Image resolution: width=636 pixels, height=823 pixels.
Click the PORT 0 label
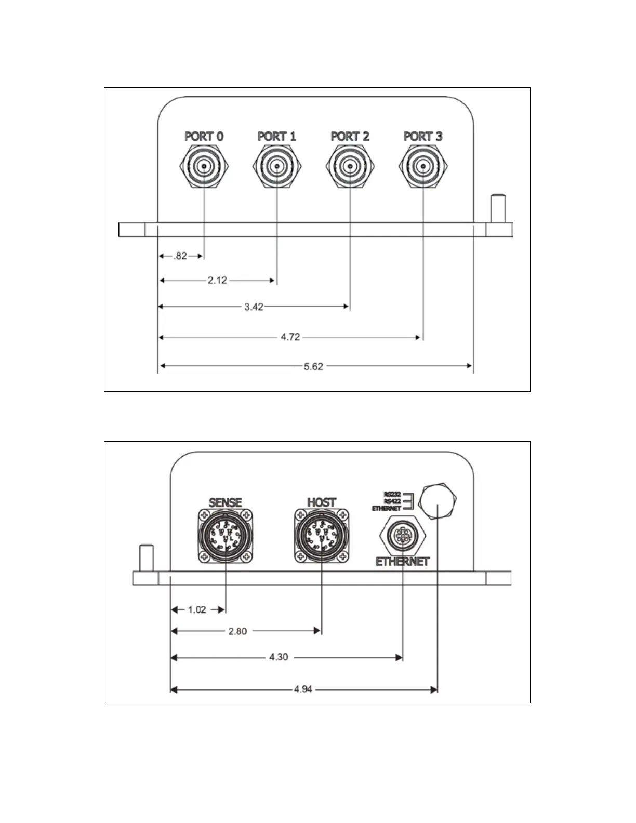204,136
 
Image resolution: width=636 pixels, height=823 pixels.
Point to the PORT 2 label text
350,136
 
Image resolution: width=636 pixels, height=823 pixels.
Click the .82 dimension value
180,256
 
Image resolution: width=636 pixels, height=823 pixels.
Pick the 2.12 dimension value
217,281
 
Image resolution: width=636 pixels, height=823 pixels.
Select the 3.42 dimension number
254,307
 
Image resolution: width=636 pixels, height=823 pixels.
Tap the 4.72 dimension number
290,337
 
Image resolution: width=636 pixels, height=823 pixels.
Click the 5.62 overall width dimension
313,366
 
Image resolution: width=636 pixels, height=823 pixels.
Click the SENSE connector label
226,502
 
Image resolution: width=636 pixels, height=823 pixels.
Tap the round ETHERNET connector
403,537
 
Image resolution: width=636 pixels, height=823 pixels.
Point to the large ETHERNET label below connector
403,562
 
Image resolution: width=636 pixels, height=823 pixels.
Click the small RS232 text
392,494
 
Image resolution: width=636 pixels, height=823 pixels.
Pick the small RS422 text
392,501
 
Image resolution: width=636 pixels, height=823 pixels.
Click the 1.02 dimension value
197,609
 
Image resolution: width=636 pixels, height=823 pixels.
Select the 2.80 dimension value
237,631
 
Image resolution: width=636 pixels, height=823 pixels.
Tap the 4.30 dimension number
279,657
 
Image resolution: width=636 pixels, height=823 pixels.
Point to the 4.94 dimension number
303,689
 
